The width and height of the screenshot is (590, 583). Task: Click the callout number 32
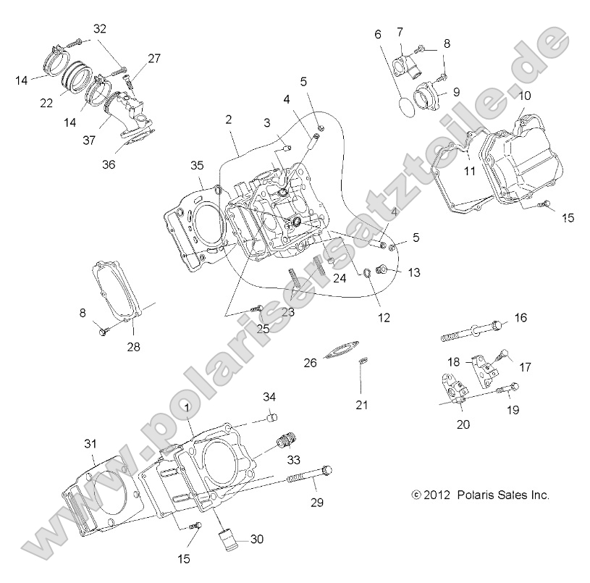pos(100,29)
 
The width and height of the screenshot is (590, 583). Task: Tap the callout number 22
pos(46,104)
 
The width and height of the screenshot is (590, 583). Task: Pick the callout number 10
pos(523,96)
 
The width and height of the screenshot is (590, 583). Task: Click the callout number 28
pos(134,348)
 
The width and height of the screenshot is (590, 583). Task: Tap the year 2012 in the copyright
pos(437,495)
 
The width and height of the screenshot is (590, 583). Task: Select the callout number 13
pos(414,272)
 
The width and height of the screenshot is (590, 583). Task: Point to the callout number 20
pos(463,424)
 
